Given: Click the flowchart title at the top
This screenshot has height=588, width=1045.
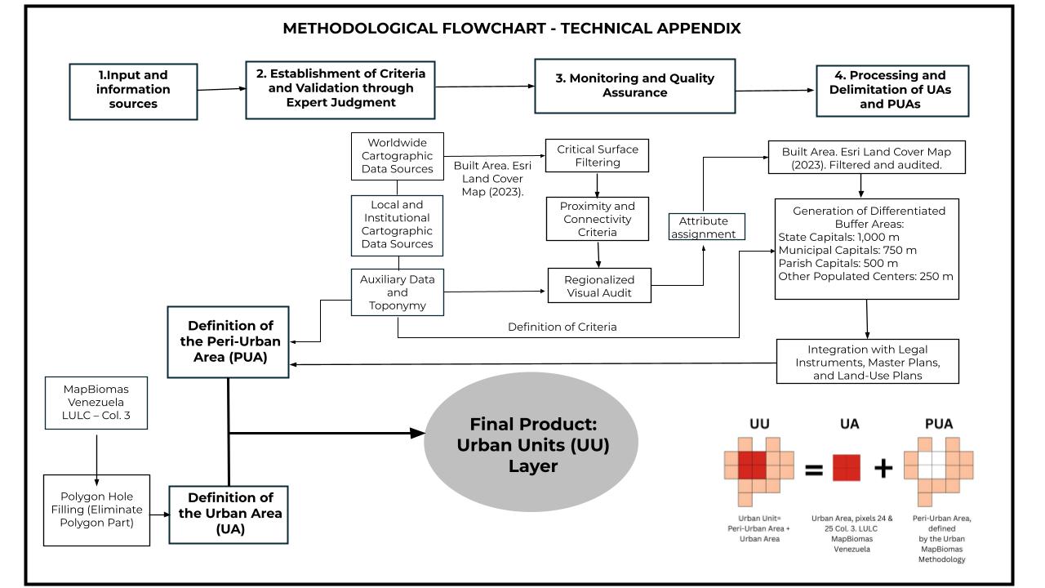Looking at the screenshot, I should [512, 29].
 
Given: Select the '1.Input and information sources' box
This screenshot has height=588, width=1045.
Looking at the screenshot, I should [134, 89].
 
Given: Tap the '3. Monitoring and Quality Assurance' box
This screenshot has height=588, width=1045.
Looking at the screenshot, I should [634, 86].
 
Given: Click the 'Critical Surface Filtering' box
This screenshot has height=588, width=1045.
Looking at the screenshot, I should [598, 156].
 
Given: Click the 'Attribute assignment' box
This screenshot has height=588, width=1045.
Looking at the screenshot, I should [703, 227].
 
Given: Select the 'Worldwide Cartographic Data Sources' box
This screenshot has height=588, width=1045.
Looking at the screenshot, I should [397, 155].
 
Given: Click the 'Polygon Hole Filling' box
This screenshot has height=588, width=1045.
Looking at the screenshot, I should [96, 510].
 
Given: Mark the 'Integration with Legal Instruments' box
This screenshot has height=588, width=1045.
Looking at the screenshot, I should [866, 360].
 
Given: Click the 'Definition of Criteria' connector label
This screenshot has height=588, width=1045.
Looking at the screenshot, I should [562, 327].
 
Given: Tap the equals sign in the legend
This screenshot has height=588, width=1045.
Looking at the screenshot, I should [813, 469].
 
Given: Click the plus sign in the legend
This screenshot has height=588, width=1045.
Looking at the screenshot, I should [883, 468].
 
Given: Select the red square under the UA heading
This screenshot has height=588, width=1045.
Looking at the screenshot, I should [847, 468].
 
